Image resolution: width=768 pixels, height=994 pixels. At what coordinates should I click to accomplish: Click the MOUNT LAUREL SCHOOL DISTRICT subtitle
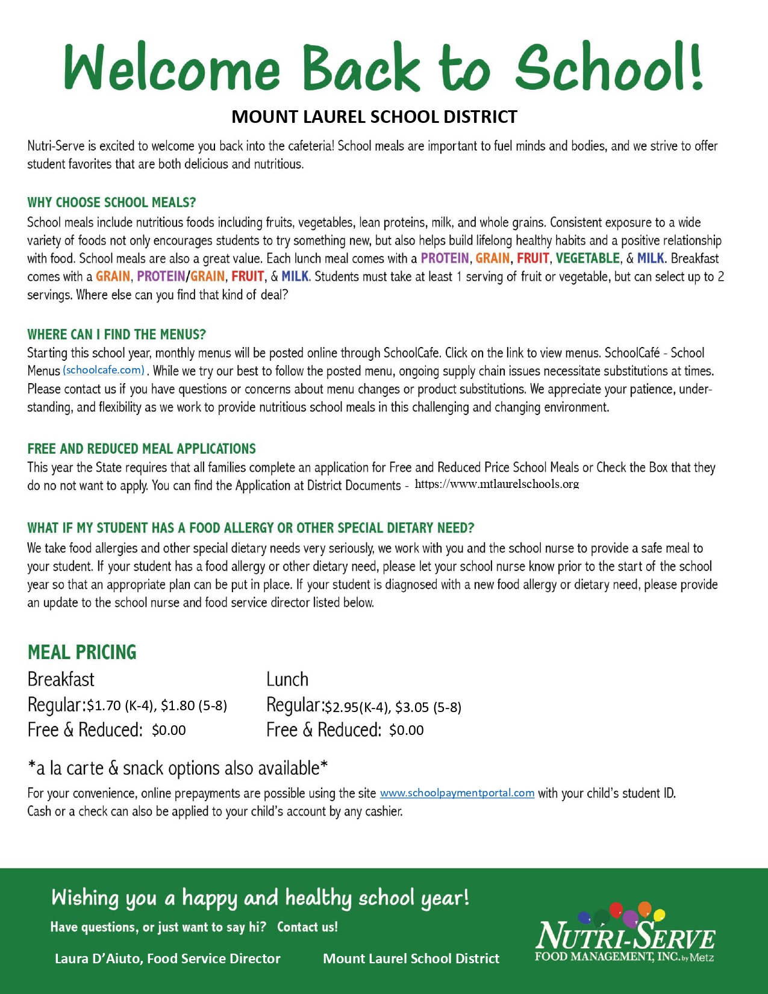point(374,116)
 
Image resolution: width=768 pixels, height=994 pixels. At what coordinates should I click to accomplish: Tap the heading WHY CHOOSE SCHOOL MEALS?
point(111,202)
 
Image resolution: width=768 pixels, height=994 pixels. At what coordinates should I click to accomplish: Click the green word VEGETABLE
point(587,258)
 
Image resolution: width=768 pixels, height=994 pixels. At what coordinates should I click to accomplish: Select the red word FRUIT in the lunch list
point(532,258)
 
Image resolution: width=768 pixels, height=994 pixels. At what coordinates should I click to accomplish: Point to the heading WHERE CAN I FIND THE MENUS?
point(116,334)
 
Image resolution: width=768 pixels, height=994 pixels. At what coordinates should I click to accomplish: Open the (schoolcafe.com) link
point(104,370)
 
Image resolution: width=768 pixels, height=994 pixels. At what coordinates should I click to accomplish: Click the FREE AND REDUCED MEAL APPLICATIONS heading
point(142,449)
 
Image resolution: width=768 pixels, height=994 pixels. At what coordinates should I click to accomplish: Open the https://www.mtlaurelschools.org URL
point(496,484)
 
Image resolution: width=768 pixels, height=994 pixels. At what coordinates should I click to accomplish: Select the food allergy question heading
point(251,528)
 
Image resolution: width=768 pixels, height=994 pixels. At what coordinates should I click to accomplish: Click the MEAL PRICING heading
point(82,652)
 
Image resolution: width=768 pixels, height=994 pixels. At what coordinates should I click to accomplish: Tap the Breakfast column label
point(61,680)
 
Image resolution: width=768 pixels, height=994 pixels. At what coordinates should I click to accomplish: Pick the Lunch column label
point(287,680)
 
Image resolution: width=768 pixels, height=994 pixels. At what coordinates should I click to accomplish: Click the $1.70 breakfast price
point(104,705)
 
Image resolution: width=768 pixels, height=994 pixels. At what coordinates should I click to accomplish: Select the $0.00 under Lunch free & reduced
point(406,731)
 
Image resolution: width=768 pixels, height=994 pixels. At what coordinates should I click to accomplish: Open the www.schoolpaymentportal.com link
point(457,793)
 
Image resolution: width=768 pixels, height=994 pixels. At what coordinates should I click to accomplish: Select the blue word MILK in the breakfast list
point(295,277)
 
